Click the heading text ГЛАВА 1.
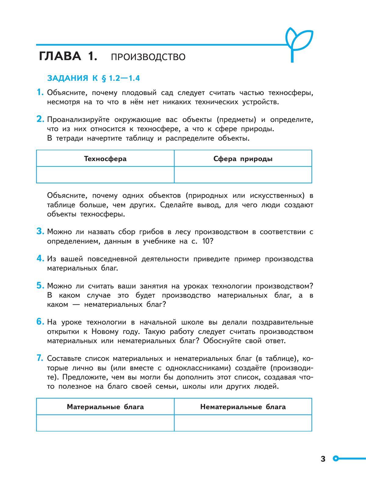tap(68, 57)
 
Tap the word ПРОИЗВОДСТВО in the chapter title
tap(148, 57)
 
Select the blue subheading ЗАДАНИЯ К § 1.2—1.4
tap(93, 78)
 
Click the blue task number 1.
tap(40, 92)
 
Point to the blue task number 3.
tap(40, 231)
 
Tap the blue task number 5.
tap(40, 286)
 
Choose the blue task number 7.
tap(40, 358)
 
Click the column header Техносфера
tap(105, 159)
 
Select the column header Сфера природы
tap(243, 159)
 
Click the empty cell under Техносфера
tap(105, 175)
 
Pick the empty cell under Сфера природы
tap(243, 175)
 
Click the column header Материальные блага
tap(105, 407)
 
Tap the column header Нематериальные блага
tap(243, 407)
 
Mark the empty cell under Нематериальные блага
tap(243, 423)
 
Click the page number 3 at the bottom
tap(323, 459)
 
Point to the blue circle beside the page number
tap(336, 458)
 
